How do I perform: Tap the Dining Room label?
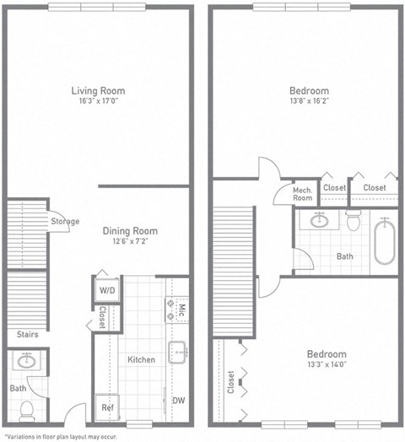pos(130,230)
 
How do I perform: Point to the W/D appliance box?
pos(107,291)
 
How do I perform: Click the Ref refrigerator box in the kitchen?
pos(107,406)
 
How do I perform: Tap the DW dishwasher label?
pos(178,401)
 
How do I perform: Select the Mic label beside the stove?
pos(181,310)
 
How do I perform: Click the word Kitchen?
pos(141,359)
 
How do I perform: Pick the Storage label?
pos(65,222)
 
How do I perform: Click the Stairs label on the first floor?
pos(27,335)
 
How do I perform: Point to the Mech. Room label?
pos(303,192)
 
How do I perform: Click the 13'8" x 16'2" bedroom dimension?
pos(310,101)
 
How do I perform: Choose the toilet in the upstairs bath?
pos(354,222)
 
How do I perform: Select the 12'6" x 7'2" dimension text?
pos(130,242)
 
